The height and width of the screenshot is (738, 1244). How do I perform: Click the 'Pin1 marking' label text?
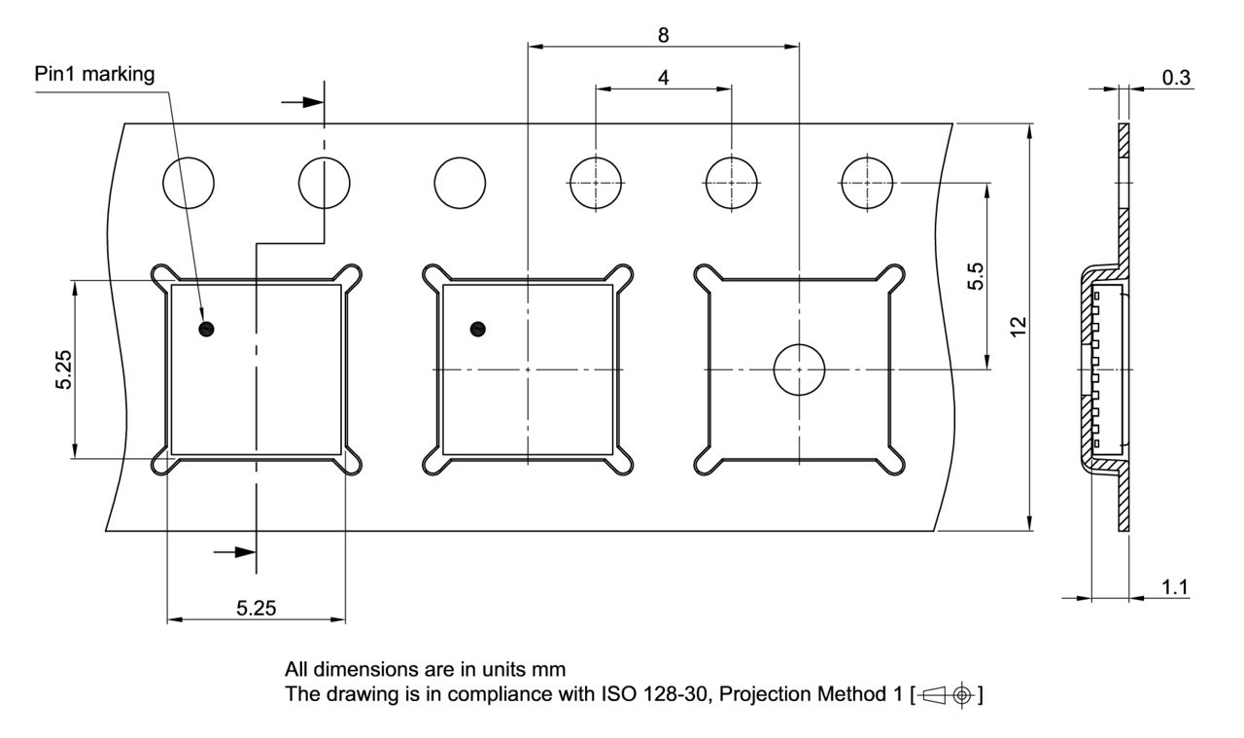93,75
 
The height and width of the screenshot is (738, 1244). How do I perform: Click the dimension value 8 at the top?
663,35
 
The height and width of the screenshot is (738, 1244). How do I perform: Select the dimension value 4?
663,78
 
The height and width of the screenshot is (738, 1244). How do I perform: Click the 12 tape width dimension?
1017,327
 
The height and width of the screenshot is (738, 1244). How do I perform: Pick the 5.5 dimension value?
976,276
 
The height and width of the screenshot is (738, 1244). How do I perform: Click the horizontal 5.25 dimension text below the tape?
257,609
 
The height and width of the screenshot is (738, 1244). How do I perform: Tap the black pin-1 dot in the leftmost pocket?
205,330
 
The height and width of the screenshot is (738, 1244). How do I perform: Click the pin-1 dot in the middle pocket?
476,330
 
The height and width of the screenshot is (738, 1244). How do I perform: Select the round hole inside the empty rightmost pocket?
799,369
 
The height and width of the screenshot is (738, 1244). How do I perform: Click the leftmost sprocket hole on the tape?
189,183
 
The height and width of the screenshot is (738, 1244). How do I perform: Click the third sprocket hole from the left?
460,183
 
